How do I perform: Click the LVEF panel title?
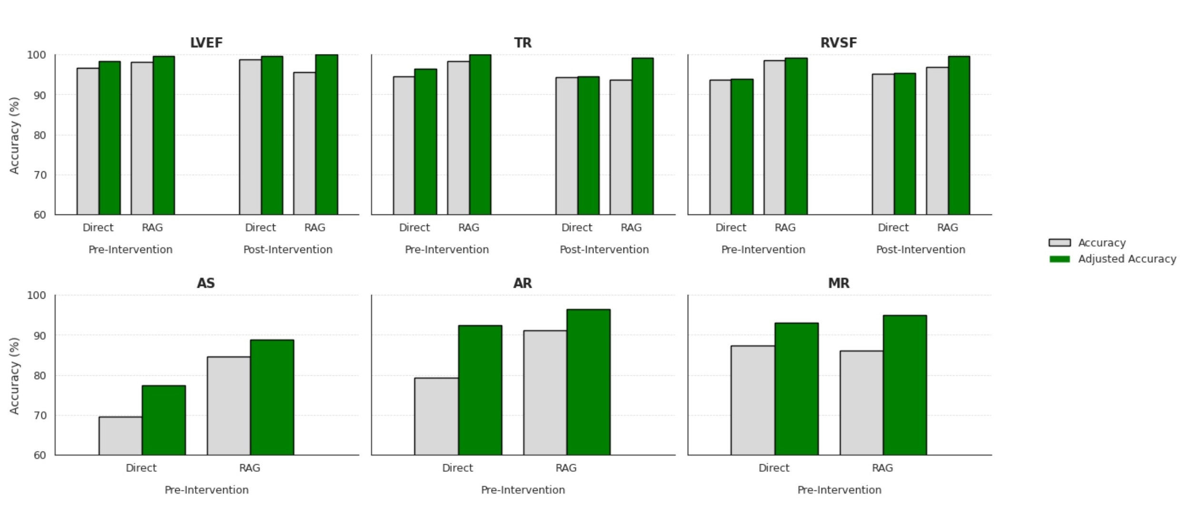[x=206, y=43]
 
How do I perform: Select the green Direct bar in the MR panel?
[x=796, y=389]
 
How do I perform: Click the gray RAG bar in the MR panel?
[x=861, y=403]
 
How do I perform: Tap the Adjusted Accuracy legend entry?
[x=1127, y=259]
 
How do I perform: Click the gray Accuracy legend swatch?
[x=1059, y=243]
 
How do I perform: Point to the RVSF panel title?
[x=839, y=43]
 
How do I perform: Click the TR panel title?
[x=523, y=43]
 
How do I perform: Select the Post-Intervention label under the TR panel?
[x=604, y=250]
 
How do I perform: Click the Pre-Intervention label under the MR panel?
[x=839, y=490]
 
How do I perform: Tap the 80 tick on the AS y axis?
[x=40, y=376]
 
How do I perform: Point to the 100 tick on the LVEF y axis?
[x=37, y=55]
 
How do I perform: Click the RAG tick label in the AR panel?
[x=566, y=468]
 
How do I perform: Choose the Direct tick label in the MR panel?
[x=774, y=468]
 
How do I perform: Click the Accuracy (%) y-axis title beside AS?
[x=14, y=376]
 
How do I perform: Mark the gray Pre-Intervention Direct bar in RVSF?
[x=720, y=147]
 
